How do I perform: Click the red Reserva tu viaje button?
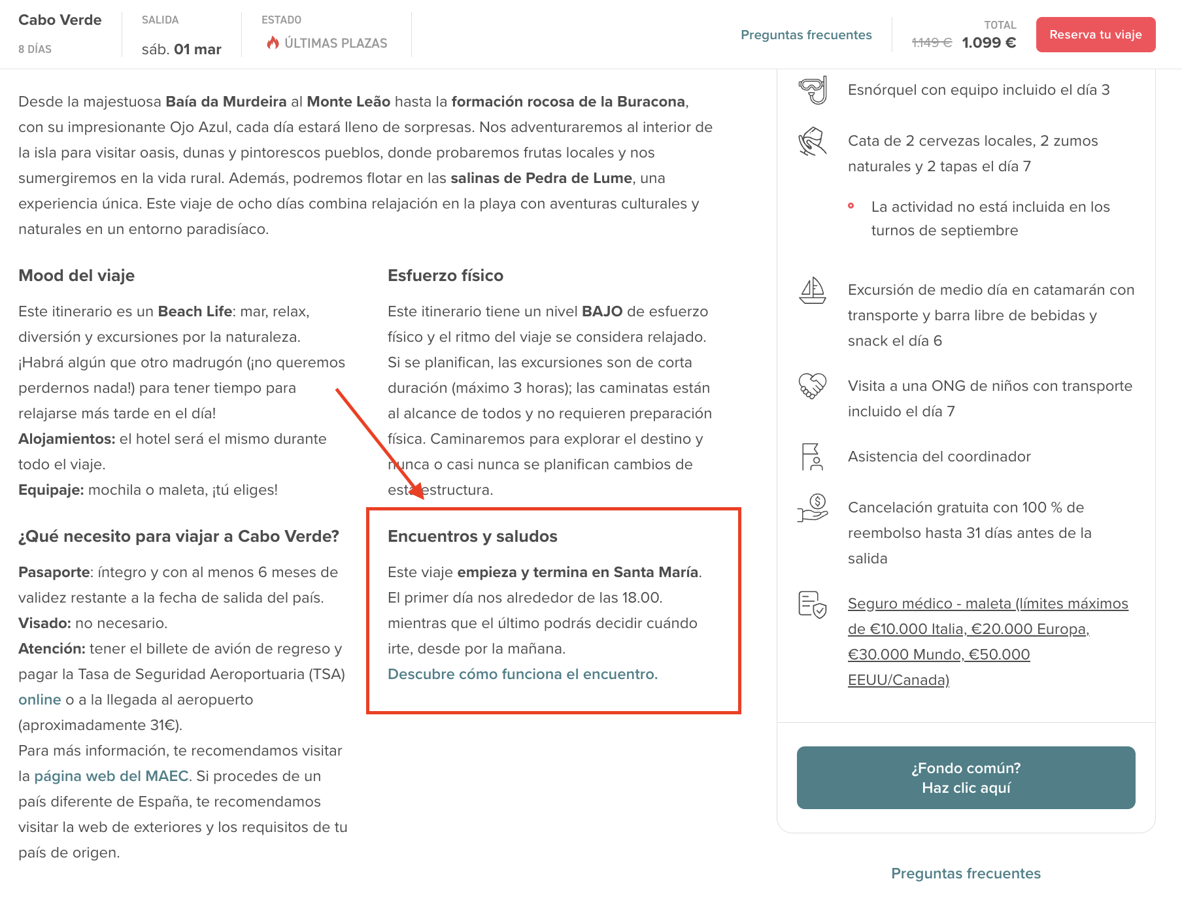[1095, 35]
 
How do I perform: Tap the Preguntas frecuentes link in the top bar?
[805, 35]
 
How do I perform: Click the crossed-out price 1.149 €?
[932, 42]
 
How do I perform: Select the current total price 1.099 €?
[988, 42]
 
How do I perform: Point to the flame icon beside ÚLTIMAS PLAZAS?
[273, 42]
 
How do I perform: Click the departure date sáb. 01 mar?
[181, 49]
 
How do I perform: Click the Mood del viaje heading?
[76, 275]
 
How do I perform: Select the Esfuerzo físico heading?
[445, 275]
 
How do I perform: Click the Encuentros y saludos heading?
[472, 536]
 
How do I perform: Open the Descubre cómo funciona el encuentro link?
[522, 674]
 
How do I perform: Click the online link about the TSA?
[39, 699]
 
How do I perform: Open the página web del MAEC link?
[111, 776]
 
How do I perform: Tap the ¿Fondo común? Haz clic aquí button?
[966, 778]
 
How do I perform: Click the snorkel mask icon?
[813, 90]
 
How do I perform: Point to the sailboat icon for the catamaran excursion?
[813, 290]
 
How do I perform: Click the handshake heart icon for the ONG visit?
[813, 386]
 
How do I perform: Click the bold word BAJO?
[601, 311]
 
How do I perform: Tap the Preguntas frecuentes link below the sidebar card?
[966, 873]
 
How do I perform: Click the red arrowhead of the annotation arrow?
[418, 493]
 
